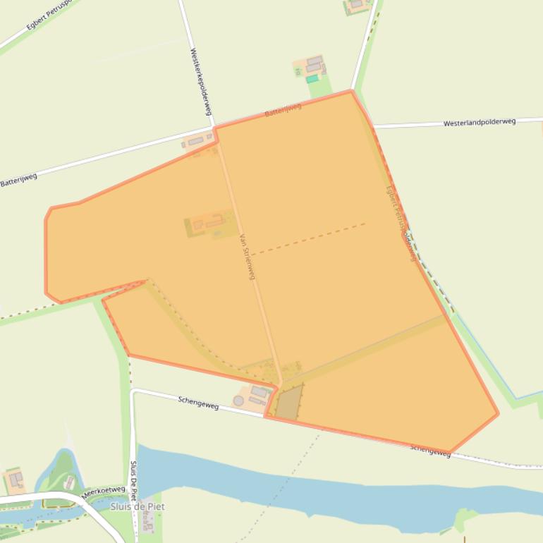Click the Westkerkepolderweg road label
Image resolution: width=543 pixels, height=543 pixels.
pyautogui.click(x=201, y=83)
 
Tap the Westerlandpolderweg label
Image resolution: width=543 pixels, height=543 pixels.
pyautogui.click(x=479, y=122)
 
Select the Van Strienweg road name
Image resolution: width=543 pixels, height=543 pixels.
pyautogui.click(x=246, y=257)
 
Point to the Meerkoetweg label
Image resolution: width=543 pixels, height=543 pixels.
pyautogui.click(x=103, y=492)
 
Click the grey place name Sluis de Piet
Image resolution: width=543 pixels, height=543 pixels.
pyautogui.click(x=137, y=506)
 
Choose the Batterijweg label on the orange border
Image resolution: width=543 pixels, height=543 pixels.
pyautogui.click(x=283, y=110)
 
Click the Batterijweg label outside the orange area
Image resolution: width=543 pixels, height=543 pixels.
pyautogui.click(x=18, y=180)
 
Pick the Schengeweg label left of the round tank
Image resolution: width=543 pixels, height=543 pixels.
pyautogui.click(x=198, y=402)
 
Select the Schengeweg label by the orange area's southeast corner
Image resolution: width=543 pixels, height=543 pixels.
pyautogui.click(x=430, y=449)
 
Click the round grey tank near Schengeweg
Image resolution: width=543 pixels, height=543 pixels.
pyautogui.click(x=238, y=401)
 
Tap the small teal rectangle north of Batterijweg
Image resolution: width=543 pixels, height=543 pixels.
pyautogui.click(x=312, y=79)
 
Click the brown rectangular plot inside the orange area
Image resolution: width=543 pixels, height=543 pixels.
pyautogui.click(x=288, y=403)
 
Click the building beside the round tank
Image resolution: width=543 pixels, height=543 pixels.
pyautogui.click(x=259, y=392)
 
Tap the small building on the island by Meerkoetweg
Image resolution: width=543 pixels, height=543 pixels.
pyautogui.click(x=70, y=482)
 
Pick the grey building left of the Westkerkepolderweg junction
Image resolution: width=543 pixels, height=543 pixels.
pyautogui.click(x=195, y=142)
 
